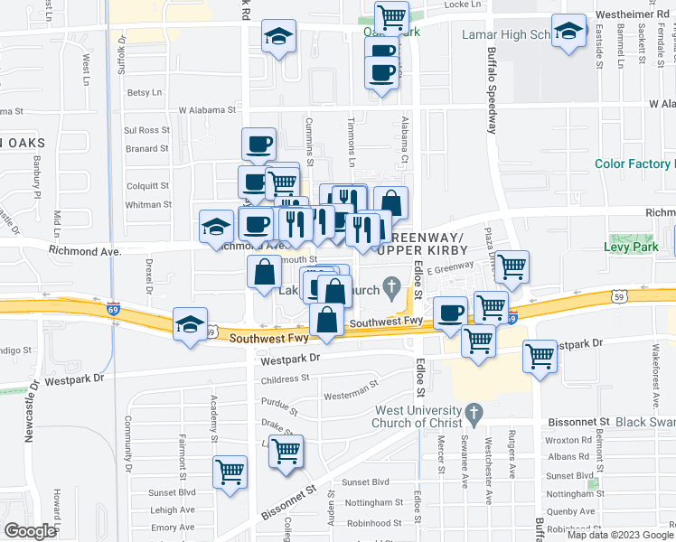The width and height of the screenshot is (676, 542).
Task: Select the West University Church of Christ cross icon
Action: coord(472,416)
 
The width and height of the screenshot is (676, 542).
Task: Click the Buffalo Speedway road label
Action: coord(493,89)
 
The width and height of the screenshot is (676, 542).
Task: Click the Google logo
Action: coord(30,531)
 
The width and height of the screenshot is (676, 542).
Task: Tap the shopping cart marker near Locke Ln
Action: coord(391,16)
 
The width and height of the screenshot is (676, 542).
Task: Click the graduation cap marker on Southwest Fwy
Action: coord(190,325)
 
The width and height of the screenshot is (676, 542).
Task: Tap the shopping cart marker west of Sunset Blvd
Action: coord(230,470)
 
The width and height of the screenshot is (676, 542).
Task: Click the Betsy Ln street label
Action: coord(144,92)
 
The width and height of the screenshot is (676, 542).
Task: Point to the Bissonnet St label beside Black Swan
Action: coord(577,422)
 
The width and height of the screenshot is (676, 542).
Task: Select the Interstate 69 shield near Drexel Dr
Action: coord(112,309)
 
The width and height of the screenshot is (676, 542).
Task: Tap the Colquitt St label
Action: coord(148,185)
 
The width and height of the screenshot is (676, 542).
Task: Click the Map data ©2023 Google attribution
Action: coord(620,535)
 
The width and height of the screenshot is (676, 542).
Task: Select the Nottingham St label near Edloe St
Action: coord(374,502)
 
